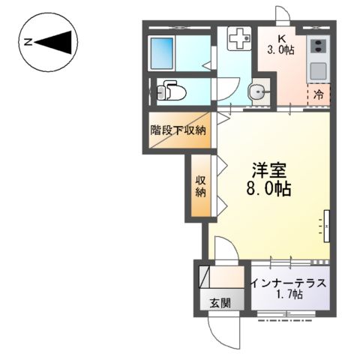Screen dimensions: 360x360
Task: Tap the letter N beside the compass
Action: coord(27,42)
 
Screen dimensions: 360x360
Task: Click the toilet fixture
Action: coord(170,92)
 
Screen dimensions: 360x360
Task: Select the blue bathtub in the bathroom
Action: coord(162,52)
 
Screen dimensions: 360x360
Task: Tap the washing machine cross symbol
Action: coord(238,39)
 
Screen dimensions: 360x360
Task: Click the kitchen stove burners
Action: coord(319,46)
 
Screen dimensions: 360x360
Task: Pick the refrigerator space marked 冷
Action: coord(319,95)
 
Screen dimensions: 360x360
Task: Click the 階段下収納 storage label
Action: coord(178,130)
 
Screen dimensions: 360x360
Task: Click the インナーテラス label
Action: coord(289,283)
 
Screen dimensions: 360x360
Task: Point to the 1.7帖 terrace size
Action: coord(289,295)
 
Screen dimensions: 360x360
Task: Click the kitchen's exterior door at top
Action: coord(282,16)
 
